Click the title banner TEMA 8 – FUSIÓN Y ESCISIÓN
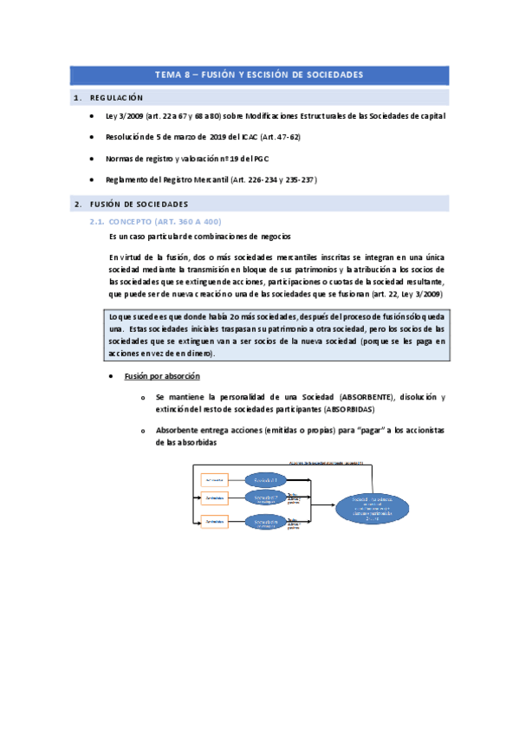259,75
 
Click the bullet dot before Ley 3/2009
94,115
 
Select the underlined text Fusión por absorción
162,376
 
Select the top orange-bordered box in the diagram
216,479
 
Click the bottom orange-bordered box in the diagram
216,521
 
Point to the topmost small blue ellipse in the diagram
266,479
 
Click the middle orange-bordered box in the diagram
216,498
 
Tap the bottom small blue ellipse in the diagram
266,521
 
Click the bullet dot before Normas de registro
94,159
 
